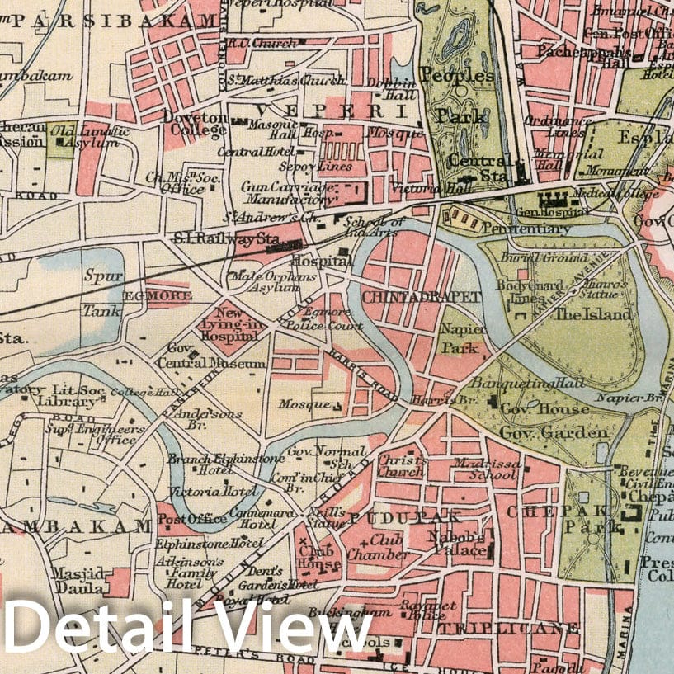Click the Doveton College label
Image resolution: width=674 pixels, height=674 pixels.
[x=196, y=125]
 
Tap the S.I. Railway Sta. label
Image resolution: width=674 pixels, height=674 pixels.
[x=224, y=238]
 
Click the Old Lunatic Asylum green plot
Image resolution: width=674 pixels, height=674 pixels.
[x=62, y=140]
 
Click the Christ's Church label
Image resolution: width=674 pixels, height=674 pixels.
[x=402, y=465]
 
